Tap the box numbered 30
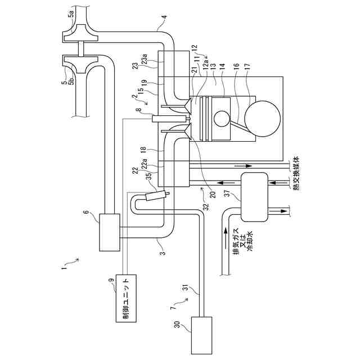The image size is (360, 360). pos(201,334)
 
